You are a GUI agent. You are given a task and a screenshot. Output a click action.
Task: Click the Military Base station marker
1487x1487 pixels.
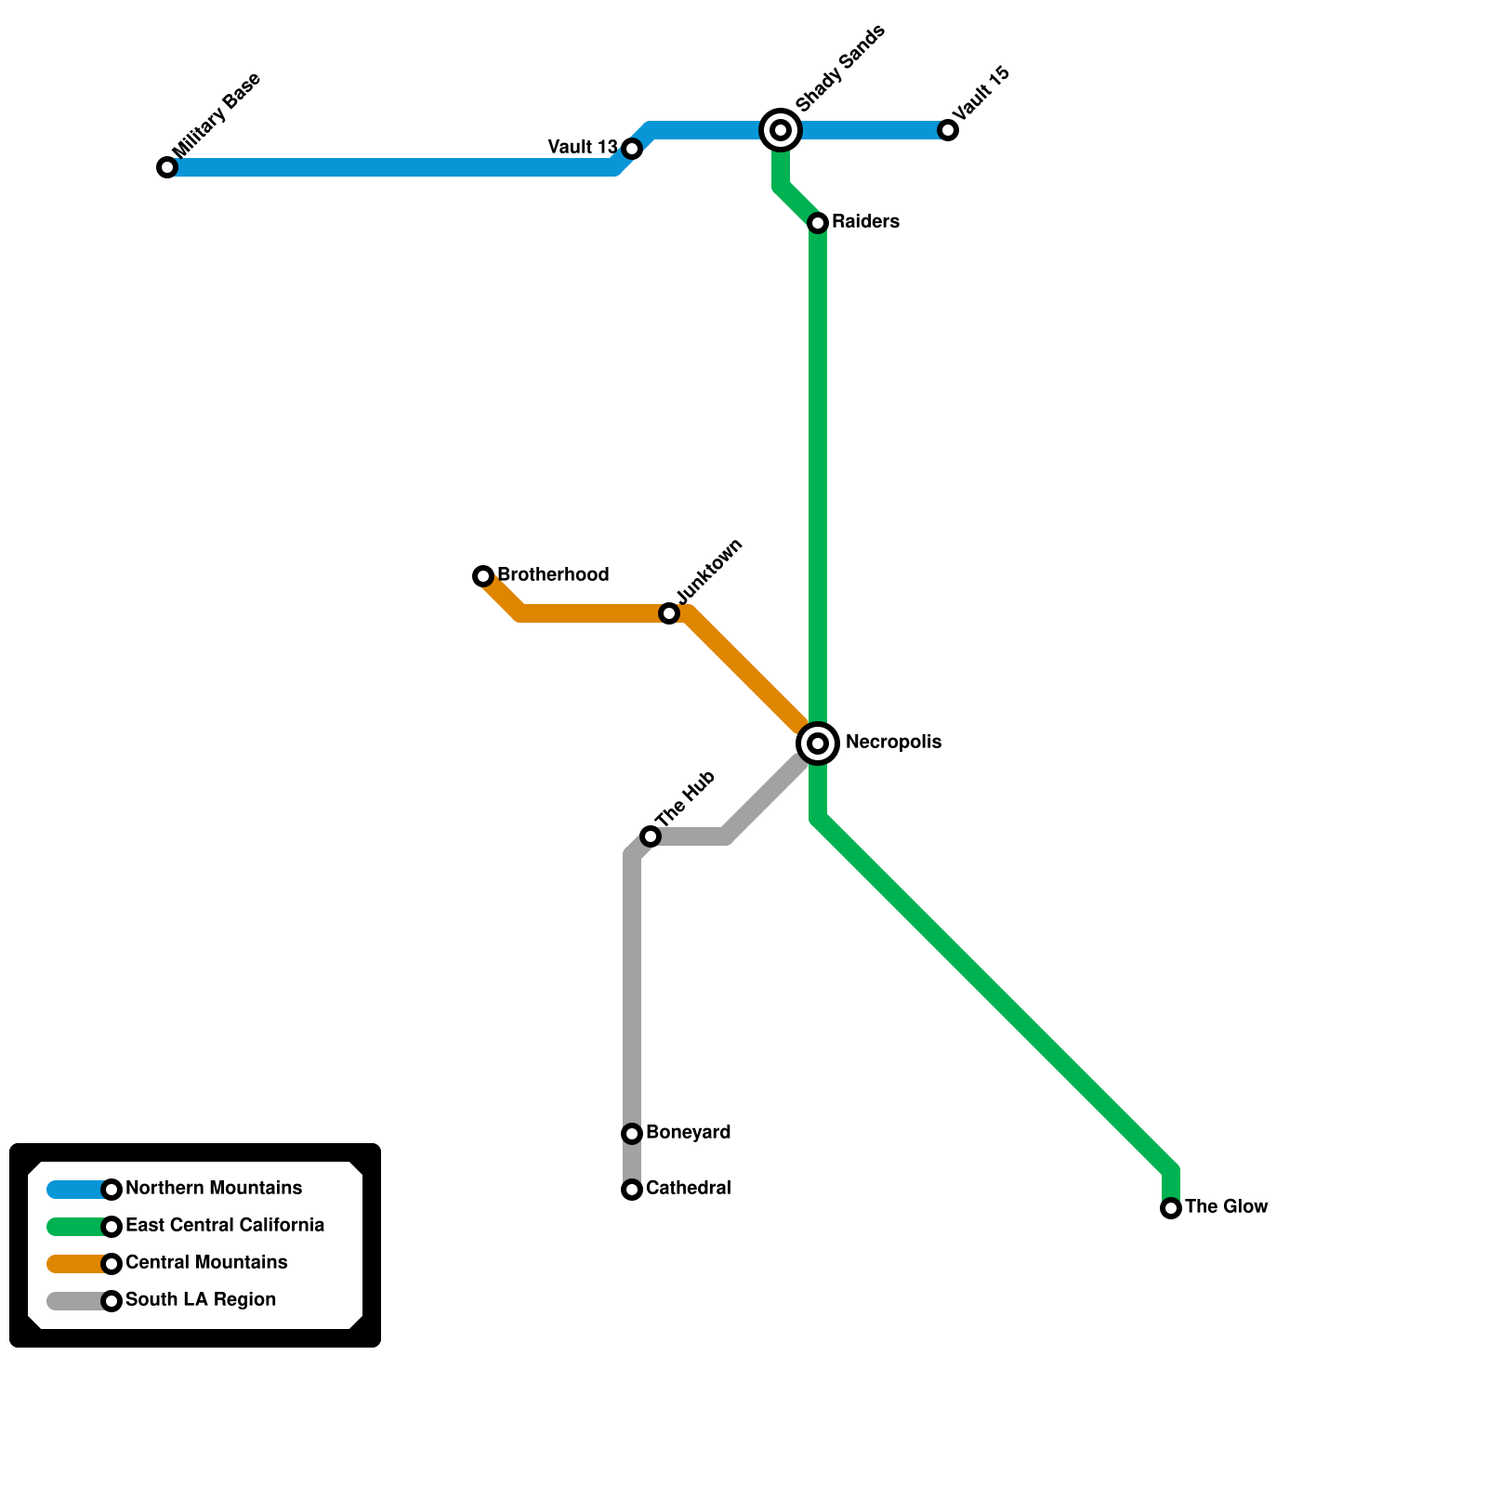167,167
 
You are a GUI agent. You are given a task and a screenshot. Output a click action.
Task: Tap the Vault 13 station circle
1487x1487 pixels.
632,149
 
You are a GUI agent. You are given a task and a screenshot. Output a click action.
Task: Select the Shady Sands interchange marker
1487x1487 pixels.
781,130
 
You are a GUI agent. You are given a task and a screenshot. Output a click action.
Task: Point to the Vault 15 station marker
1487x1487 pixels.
948,130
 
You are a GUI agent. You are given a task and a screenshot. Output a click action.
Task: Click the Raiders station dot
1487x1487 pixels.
818,223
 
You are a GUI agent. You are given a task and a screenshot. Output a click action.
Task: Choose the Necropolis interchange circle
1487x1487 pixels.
818,743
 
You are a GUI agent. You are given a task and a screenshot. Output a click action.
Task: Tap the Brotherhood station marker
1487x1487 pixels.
483,576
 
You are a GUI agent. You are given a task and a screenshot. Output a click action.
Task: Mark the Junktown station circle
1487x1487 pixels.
669,613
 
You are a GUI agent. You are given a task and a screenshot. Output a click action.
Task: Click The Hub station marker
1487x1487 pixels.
651,836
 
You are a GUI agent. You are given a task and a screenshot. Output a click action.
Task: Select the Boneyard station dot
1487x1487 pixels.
632,1134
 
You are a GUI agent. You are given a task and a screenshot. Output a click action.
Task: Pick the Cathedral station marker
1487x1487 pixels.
632,1190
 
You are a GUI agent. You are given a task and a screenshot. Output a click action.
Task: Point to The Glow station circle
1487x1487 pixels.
1171,1208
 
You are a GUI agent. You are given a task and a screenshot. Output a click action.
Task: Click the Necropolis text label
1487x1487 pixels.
893,743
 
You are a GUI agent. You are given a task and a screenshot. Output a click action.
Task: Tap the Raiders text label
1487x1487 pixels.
865,222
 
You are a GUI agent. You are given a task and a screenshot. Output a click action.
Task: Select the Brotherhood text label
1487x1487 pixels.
553,575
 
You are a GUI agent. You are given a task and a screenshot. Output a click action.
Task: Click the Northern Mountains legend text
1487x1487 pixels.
214,1189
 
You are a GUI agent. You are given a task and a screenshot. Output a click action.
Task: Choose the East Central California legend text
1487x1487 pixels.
225,1226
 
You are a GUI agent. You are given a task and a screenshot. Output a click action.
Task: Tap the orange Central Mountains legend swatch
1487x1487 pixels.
77,1264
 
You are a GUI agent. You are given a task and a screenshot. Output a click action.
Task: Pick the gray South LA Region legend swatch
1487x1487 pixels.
77,1301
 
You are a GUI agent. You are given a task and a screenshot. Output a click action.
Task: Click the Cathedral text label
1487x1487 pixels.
688,1189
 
